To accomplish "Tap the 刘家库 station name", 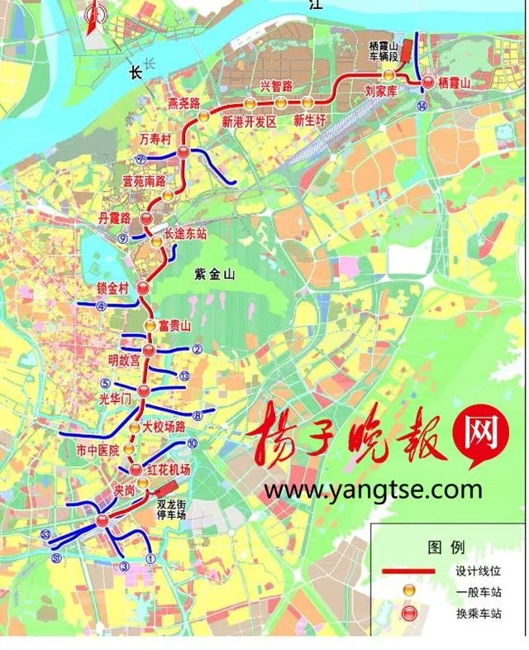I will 381,93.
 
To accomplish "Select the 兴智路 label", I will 277,85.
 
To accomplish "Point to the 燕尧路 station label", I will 183,103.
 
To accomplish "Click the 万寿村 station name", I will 155,140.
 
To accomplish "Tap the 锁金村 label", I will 112,289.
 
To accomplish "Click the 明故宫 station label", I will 124,360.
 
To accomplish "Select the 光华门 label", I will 115,399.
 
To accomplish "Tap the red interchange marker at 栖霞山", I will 428,82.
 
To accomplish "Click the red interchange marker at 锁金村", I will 142,289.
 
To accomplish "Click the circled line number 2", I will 197,349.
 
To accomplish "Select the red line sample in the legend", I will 407,571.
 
